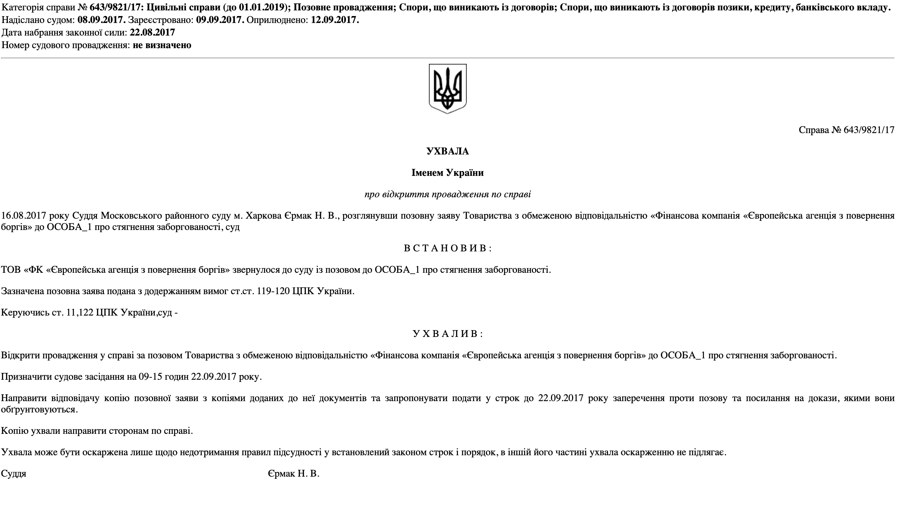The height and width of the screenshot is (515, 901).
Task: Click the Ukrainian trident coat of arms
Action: point(448,89)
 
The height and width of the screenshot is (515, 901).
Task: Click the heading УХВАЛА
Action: point(448,151)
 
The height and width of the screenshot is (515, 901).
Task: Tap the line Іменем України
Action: point(448,173)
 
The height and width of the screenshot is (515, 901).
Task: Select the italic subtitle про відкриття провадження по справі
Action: point(448,194)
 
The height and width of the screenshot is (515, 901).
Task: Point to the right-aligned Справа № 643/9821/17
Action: point(846,130)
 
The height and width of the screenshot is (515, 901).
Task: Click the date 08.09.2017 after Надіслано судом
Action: point(101,20)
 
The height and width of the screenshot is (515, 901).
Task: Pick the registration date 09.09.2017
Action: point(220,20)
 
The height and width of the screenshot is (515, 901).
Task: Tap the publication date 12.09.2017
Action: point(335,20)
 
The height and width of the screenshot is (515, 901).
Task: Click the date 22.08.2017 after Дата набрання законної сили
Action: point(152,32)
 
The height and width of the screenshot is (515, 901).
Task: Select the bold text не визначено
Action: point(162,45)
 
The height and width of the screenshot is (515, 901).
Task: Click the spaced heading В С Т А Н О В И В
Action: point(448,248)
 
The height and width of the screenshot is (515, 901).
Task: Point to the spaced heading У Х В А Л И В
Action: point(448,334)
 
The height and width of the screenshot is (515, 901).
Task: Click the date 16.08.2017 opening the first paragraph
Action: point(24,216)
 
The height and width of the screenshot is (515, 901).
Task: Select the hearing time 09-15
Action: point(150,377)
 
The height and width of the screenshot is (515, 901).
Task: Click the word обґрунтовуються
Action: point(39,410)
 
